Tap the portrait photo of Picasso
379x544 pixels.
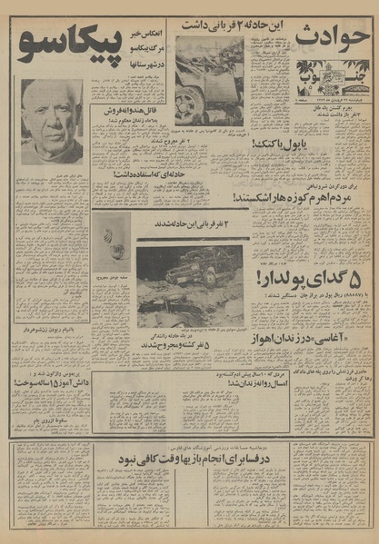coord(52,121)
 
